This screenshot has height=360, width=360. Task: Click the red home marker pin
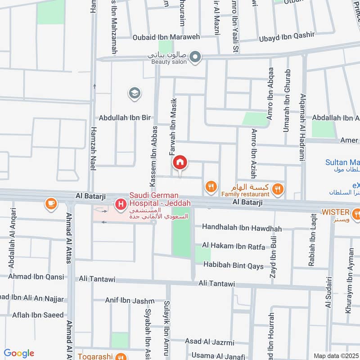(x=180, y=162)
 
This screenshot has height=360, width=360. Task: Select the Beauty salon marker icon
(x=195, y=57)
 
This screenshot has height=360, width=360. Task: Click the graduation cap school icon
(x=134, y=94)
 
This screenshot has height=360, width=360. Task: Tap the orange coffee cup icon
(x=51, y=204)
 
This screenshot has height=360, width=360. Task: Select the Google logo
(x=19, y=353)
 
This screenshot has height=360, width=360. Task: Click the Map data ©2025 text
(x=336, y=355)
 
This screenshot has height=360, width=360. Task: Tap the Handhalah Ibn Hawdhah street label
(x=242, y=229)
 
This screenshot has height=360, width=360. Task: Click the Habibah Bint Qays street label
(x=234, y=265)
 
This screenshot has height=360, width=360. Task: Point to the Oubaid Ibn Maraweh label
(x=166, y=37)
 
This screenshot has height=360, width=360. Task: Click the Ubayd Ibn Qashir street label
(x=287, y=37)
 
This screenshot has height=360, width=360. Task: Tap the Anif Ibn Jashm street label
(x=130, y=301)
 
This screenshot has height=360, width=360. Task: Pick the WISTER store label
(x=335, y=212)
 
